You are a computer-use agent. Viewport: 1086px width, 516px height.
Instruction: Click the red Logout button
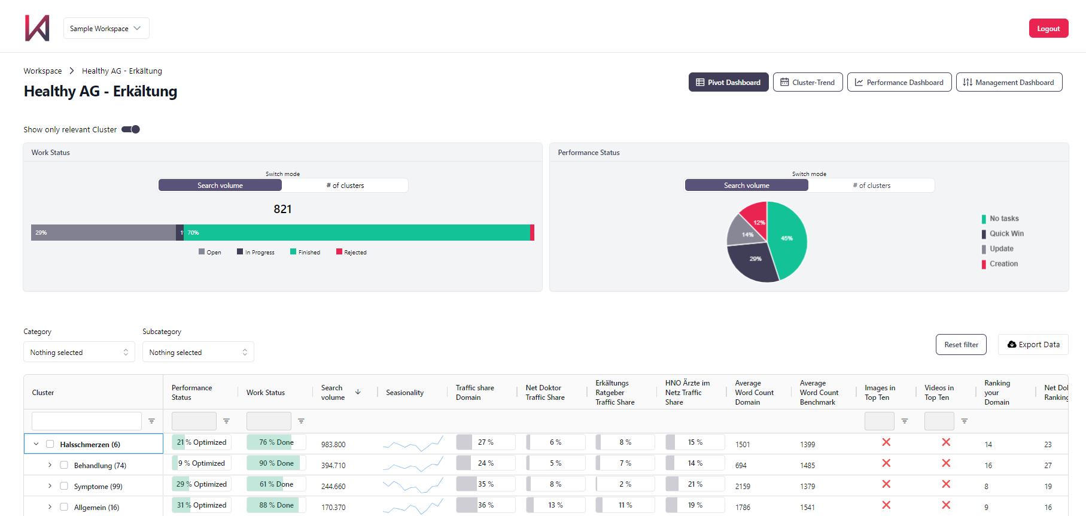pyautogui.click(x=1048, y=28)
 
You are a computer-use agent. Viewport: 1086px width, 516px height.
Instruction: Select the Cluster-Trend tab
pyautogui.click(x=807, y=82)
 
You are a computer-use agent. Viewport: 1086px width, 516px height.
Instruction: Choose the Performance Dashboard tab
pyautogui.click(x=899, y=82)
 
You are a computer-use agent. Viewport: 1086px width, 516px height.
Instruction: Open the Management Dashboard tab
pyautogui.click(x=1009, y=82)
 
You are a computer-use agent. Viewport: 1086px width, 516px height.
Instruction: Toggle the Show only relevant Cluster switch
pyautogui.click(x=131, y=129)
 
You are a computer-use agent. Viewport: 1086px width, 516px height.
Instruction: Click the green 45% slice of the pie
pyautogui.click(x=787, y=239)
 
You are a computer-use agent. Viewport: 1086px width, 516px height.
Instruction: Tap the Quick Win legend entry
pyautogui.click(x=1006, y=233)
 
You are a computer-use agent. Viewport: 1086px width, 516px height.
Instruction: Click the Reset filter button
pyautogui.click(x=961, y=344)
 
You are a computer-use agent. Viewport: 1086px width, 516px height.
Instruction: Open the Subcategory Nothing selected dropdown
pyautogui.click(x=198, y=352)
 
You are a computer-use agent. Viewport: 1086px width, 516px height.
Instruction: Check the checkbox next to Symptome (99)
pyautogui.click(x=64, y=486)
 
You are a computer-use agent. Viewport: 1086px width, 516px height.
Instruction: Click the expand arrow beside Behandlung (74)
pyautogui.click(x=50, y=465)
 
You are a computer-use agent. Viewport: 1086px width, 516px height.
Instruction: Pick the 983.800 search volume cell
pyautogui.click(x=333, y=444)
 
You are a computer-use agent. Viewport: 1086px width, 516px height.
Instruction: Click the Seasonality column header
pyautogui.click(x=404, y=393)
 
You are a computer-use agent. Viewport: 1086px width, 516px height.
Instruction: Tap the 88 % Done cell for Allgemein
pyautogui.click(x=276, y=505)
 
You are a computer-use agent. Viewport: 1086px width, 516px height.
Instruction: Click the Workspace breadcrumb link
pyautogui.click(x=42, y=71)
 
